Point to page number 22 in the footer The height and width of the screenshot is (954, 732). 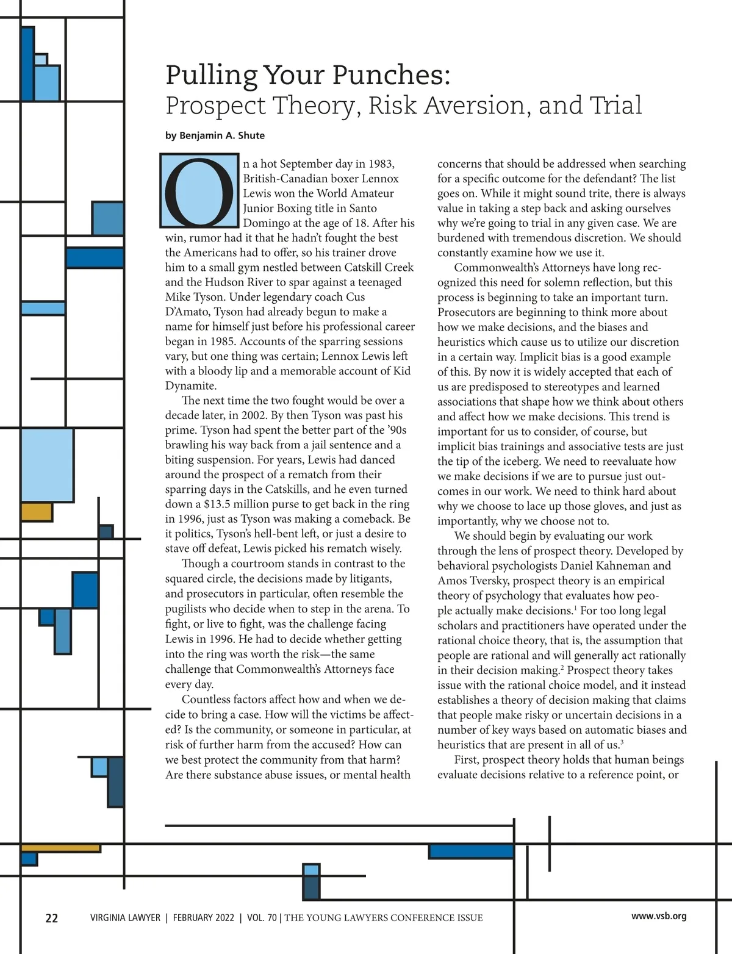52,918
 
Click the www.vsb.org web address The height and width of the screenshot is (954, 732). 659,916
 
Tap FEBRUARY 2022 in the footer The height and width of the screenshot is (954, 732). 203,918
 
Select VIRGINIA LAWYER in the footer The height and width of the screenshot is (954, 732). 125,918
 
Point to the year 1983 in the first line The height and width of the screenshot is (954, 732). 381,164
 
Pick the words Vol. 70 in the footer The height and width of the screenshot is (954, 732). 262,918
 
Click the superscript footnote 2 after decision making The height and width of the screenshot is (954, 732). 561,667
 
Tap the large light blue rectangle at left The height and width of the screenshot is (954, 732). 47,465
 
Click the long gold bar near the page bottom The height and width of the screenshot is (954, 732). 60,848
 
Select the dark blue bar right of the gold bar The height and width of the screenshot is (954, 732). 471,852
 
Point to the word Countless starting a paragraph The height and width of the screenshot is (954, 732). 206,700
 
